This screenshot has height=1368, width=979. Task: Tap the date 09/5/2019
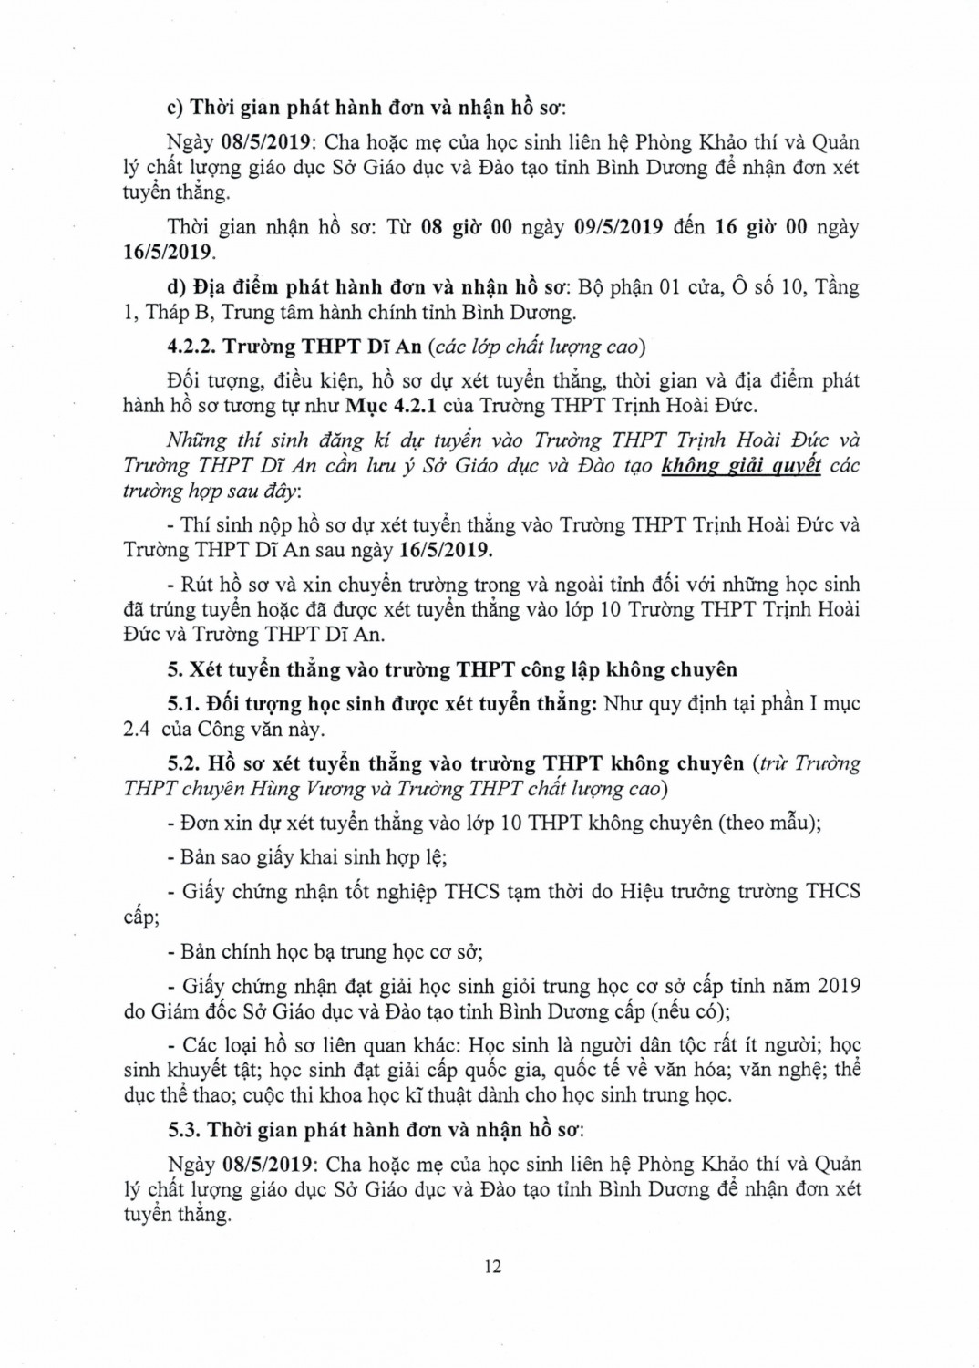click(619, 227)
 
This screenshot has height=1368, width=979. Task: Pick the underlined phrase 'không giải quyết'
click(740, 466)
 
